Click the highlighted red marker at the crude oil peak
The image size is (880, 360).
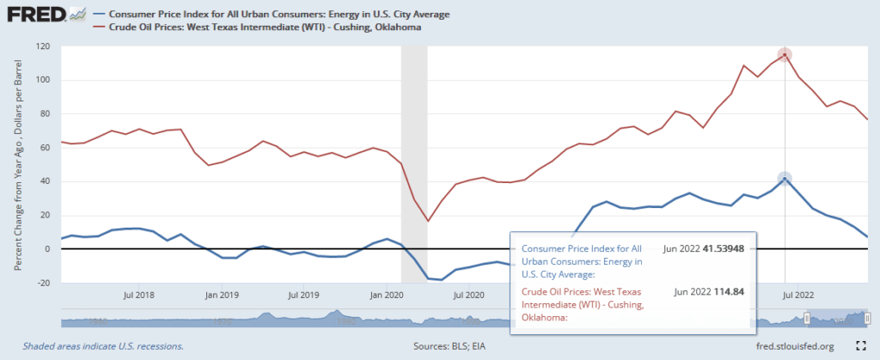click(x=784, y=55)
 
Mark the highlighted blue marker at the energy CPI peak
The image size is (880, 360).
click(x=784, y=179)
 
